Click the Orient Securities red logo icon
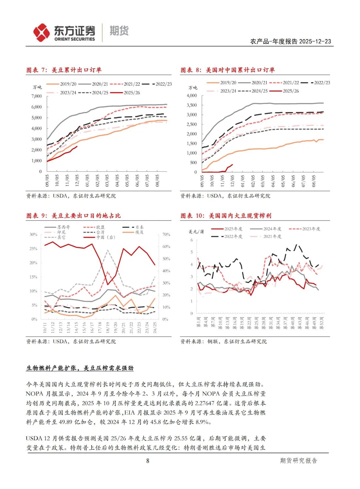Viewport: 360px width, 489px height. pyautogui.click(x=41, y=33)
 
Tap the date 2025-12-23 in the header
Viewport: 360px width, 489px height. pyautogui.click(x=315, y=41)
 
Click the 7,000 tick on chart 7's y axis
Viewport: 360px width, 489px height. pyautogui.click(x=37, y=96)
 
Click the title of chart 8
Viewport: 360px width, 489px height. pyautogui.click(x=228, y=70)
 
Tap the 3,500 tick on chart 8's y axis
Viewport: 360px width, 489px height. pyautogui.click(x=191, y=105)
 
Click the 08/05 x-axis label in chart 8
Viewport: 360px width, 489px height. pyautogui.click(x=313, y=180)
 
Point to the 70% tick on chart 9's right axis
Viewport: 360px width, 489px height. pyautogui.click(x=166, y=234)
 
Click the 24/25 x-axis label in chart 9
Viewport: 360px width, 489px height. pyautogui.click(x=155, y=327)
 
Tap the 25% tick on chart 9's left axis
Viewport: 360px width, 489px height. pyautogui.click(x=33, y=249)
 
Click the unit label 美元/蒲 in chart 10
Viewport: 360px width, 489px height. pyautogui.click(x=196, y=231)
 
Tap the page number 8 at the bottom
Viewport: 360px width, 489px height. pyautogui.click(x=148, y=461)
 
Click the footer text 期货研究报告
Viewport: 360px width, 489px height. pyautogui.click(x=298, y=461)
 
